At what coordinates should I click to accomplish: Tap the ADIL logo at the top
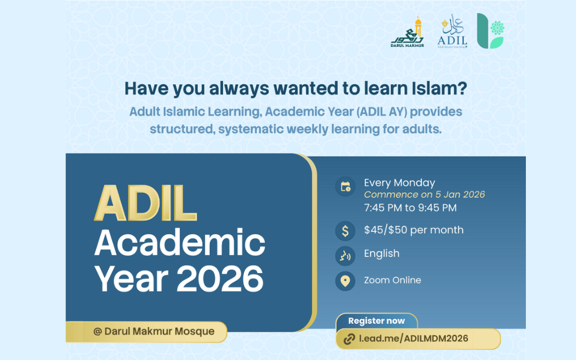(x=452, y=31)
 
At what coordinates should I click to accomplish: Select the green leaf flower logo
(x=490, y=31)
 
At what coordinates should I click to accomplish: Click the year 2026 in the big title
(x=220, y=277)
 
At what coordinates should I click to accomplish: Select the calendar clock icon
(x=345, y=187)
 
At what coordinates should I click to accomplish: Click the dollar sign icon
(x=345, y=230)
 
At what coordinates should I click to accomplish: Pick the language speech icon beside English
(x=345, y=255)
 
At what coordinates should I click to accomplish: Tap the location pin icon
(x=345, y=281)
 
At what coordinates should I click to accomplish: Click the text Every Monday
(x=399, y=182)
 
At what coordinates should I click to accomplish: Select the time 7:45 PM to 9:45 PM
(x=410, y=207)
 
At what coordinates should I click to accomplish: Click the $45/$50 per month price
(x=413, y=230)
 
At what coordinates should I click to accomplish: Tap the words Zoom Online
(x=392, y=280)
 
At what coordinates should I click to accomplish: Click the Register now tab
(x=377, y=321)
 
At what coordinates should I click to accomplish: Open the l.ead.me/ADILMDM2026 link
(x=413, y=339)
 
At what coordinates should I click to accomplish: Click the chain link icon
(x=349, y=339)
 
